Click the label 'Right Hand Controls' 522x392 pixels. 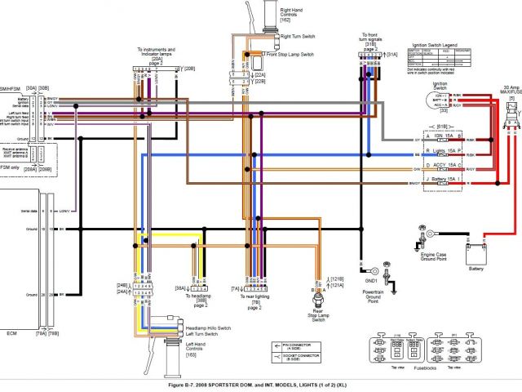click(x=292, y=12)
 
